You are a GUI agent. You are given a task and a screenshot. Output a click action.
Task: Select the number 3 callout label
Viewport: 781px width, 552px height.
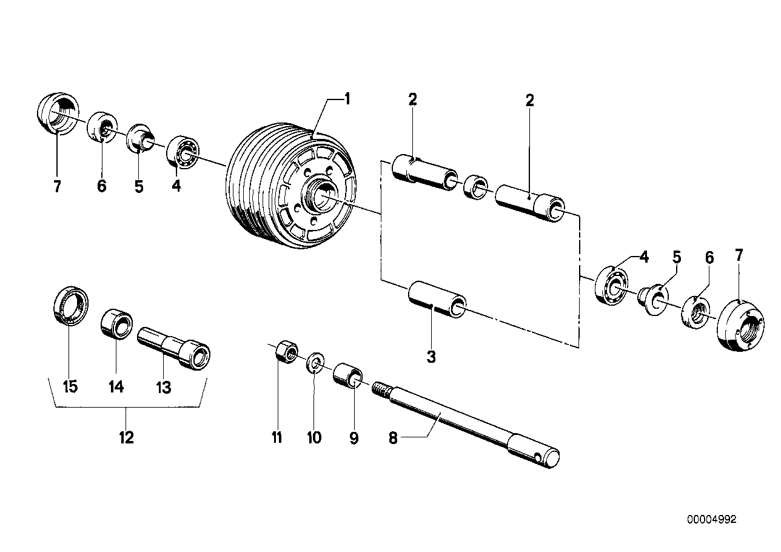(431, 357)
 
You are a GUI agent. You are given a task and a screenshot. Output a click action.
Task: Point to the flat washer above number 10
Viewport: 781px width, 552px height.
(314, 363)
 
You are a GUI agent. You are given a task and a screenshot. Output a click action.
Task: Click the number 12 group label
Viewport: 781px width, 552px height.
(126, 437)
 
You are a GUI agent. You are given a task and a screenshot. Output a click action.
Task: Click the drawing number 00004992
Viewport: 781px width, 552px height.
(711, 520)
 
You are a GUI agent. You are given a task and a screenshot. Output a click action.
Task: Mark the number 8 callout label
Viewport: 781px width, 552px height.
(392, 437)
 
